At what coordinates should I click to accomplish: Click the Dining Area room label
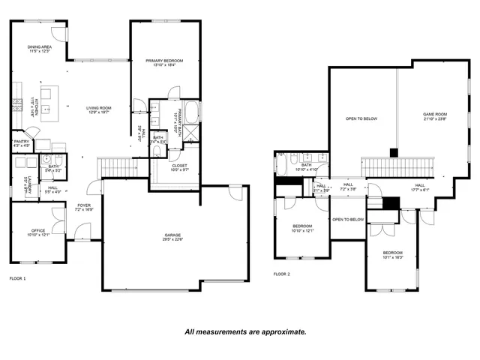click(38, 48)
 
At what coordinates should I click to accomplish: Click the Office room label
click(38, 232)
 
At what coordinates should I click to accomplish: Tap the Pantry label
click(22, 142)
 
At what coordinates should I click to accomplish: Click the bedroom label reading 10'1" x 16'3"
click(393, 255)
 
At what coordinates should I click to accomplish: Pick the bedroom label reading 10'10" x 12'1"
click(302, 228)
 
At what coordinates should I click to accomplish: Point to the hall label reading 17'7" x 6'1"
click(420, 187)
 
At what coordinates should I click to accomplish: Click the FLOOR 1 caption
click(17, 278)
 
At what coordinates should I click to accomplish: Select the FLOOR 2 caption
click(281, 274)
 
